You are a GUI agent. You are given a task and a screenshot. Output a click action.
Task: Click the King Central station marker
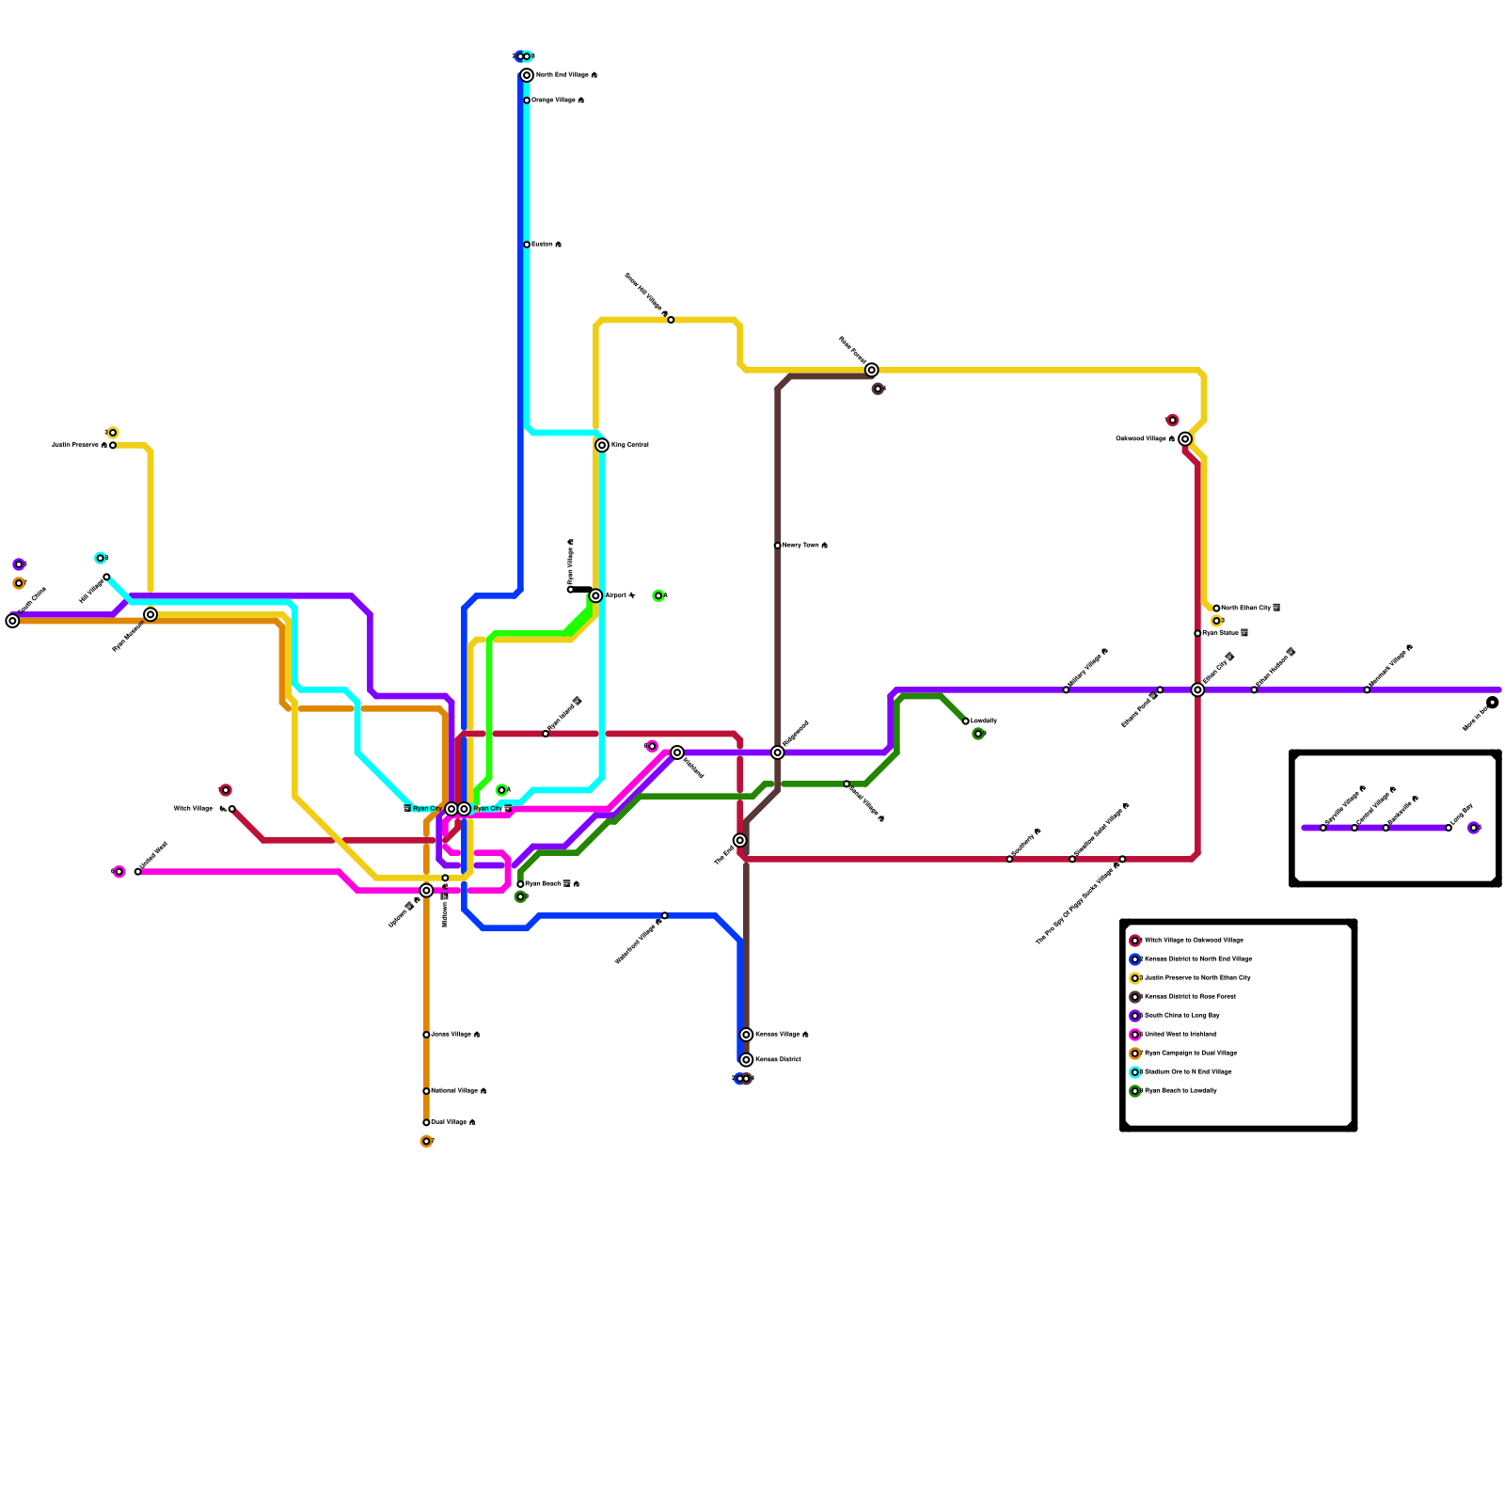(x=602, y=445)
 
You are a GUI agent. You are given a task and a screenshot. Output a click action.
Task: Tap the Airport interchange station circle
(x=595, y=595)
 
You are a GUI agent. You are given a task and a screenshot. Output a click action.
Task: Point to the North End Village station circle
(x=527, y=75)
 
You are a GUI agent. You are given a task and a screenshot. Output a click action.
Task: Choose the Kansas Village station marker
(x=746, y=1035)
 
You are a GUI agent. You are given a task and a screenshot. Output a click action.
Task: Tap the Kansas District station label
(x=778, y=1060)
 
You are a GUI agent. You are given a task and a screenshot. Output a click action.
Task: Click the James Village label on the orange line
(x=451, y=1035)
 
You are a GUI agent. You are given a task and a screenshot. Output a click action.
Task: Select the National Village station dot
(x=426, y=1091)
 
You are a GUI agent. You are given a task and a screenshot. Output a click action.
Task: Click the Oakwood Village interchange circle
(x=1185, y=439)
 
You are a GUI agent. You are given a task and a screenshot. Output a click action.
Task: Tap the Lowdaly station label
(x=984, y=721)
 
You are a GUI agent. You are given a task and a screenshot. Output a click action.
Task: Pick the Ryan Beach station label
(x=543, y=884)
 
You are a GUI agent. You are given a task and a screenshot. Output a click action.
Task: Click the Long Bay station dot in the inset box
(x=1449, y=828)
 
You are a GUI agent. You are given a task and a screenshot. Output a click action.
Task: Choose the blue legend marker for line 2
(x=1135, y=959)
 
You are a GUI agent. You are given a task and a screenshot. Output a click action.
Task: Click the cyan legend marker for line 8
(x=1135, y=1072)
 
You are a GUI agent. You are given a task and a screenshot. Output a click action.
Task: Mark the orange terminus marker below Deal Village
(x=426, y=1142)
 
